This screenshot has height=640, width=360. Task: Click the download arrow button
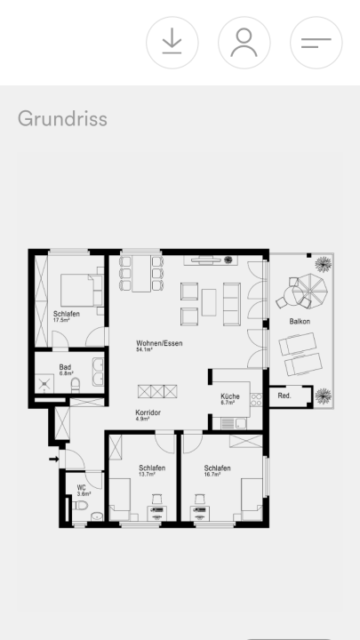coord(172,43)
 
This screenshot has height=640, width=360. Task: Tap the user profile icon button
coord(244,43)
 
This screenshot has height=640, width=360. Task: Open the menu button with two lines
coord(316,43)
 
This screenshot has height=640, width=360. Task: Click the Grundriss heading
coord(62,119)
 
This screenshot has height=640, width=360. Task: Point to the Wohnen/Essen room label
coord(159,343)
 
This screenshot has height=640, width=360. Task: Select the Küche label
coord(230,396)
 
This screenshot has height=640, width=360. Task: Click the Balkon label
coord(300,322)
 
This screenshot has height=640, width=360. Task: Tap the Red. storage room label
coord(284,396)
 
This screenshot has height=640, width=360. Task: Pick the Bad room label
coord(65,367)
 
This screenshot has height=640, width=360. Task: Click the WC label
coord(81,488)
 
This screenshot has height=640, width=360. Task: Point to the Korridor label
coord(148,412)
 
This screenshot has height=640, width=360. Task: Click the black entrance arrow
coord(54,460)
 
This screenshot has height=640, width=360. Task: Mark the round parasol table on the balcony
coord(310,287)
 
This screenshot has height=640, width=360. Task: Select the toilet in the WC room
coord(80,506)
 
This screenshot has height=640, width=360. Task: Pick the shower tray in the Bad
coord(44,384)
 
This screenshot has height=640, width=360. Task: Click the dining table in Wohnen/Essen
coord(141,273)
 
